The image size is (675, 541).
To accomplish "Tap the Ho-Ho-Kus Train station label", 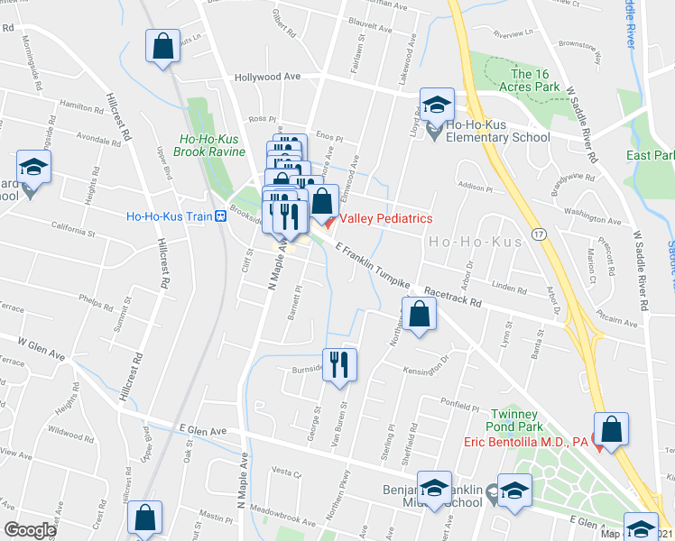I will click(169, 216).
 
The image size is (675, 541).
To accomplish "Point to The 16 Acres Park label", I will click(536, 80).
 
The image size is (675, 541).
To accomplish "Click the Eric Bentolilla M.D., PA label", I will click(526, 441).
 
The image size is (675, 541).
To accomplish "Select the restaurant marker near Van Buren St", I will click(339, 365).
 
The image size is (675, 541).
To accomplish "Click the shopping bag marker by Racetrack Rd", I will click(420, 315).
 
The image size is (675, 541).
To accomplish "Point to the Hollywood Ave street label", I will click(267, 78).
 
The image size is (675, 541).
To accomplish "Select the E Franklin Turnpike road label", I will click(372, 266).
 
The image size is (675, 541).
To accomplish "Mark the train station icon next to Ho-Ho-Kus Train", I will click(220, 216).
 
